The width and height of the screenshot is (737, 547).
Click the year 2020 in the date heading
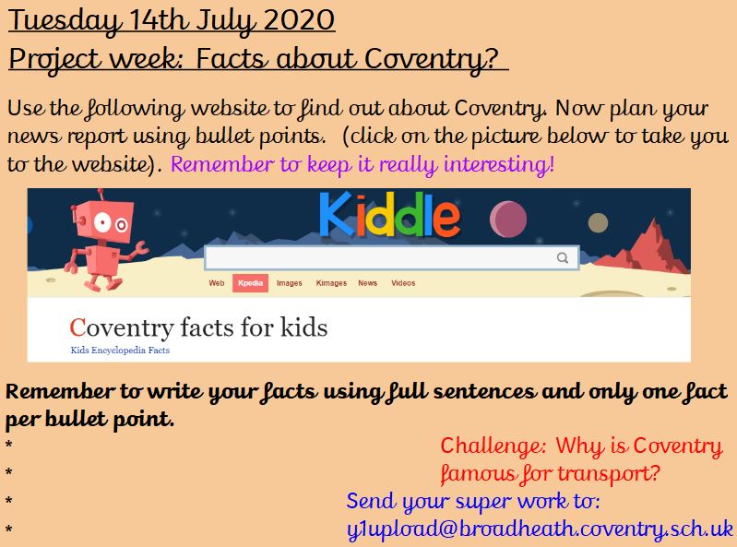(x=299, y=20)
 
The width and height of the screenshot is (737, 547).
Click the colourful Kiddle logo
(x=389, y=215)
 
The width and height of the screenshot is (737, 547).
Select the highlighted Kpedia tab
(x=250, y=283)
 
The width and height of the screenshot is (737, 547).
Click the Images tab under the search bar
(x=289, y=283)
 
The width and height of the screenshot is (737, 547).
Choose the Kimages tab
(x=331, y=283)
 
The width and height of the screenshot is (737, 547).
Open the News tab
(x=367, y=283)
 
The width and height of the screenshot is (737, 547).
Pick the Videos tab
(x=403, y=283)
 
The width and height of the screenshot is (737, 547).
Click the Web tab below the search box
(x=217, y=283)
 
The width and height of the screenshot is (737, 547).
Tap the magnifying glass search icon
(x=563, y=257)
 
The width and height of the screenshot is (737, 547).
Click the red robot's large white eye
(x=102, y=221)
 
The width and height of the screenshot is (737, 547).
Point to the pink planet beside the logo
(x=508, y=220)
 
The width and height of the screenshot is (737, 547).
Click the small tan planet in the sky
(x=598, y=222)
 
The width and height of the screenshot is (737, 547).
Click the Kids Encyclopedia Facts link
(x=120, y=351)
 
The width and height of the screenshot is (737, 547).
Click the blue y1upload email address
(x=540, y=529)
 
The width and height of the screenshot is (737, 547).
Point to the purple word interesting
(x=499, y=164)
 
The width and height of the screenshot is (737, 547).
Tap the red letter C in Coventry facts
(x=77, y=327)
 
